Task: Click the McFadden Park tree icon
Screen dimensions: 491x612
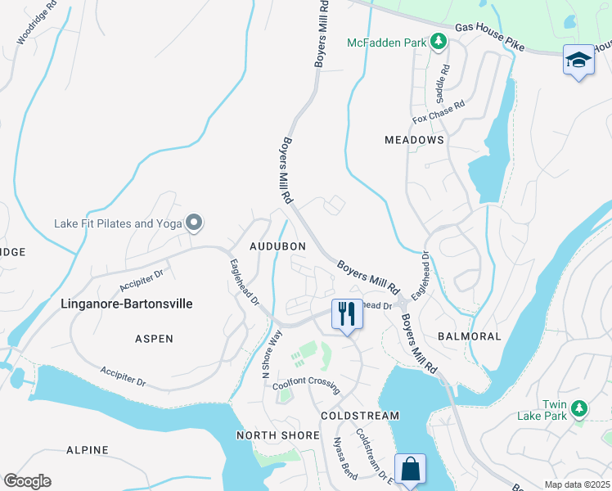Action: coord(439,42)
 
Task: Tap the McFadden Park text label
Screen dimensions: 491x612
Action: coord(388,43)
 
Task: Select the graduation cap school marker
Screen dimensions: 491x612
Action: coord(578,61)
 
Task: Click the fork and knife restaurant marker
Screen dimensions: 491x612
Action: coord(346,314)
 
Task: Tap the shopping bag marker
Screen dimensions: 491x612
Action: coord(410,470)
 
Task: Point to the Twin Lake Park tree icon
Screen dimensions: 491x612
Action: coord(579,408)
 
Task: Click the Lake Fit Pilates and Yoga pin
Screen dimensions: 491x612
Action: coord(194,223)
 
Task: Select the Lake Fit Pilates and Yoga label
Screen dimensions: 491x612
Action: coord(117,223)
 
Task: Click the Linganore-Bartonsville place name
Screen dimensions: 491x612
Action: coord(127,304)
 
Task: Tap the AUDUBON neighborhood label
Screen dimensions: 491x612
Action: coord(277,246)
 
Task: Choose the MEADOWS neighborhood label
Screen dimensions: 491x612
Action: coord(414,140)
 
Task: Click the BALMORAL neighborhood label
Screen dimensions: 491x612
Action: coord(469,336)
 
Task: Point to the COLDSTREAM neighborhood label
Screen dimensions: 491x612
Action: coord(360,416)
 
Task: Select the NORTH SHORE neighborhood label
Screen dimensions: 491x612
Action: coord(278,435)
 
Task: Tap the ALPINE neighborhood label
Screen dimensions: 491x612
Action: coord(88,450)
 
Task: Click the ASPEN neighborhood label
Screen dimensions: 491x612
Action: coord(154,338)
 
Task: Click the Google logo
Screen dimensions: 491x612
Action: coord(27,481)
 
